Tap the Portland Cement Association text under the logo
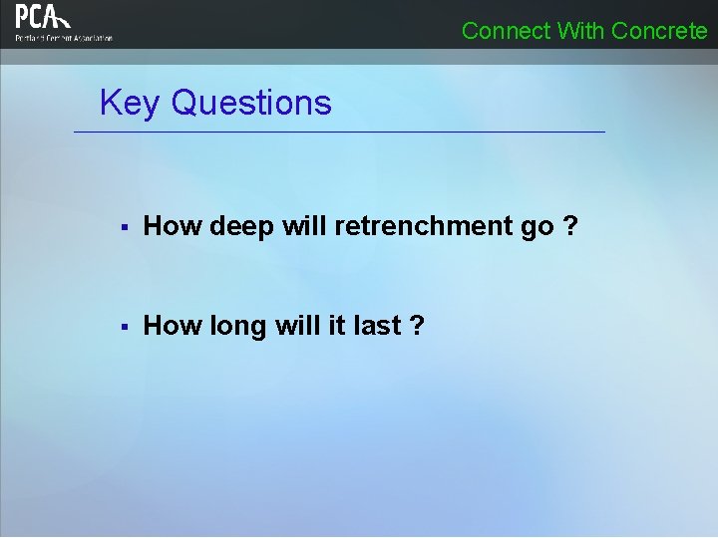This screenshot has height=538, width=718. point(64,38)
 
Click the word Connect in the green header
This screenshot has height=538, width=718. point(506,31)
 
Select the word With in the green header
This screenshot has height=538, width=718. point(580,31)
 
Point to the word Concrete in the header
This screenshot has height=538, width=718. point(659,31)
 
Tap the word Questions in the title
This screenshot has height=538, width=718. point(251,103)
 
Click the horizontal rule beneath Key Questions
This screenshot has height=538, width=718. point(339,133)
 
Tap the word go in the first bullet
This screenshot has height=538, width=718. point(537,228)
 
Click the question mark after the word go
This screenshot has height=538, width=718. point(570,226)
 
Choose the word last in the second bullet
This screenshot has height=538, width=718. point(375,326)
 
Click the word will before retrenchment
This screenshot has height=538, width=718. point(305,226)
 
